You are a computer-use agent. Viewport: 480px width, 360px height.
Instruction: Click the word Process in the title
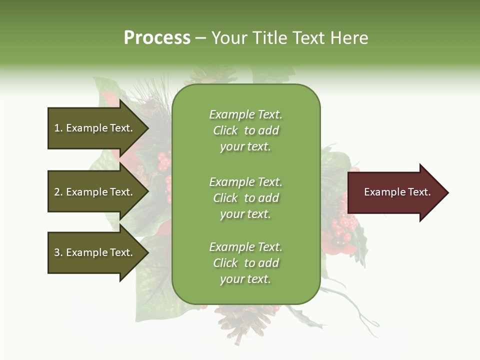[157, 38]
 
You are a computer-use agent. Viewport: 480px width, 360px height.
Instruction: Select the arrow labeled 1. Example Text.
[95, 128]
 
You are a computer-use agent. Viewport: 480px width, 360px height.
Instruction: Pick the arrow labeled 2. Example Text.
[95, 192]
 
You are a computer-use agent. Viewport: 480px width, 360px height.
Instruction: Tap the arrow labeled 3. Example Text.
[95, 252]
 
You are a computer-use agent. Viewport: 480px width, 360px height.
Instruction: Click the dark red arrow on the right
[395, 192]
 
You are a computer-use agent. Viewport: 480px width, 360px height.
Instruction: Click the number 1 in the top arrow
[57, 128]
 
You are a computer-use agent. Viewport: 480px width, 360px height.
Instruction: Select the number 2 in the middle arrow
[57, 192]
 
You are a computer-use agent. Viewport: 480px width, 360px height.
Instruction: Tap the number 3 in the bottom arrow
[57, 252]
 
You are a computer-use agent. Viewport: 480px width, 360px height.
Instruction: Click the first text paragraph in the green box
[245, 130]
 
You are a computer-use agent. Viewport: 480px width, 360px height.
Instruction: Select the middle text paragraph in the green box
[245, 198]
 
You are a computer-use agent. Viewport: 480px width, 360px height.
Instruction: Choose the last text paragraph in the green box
[245, 263]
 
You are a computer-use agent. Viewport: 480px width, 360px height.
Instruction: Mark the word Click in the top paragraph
[225, 130]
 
